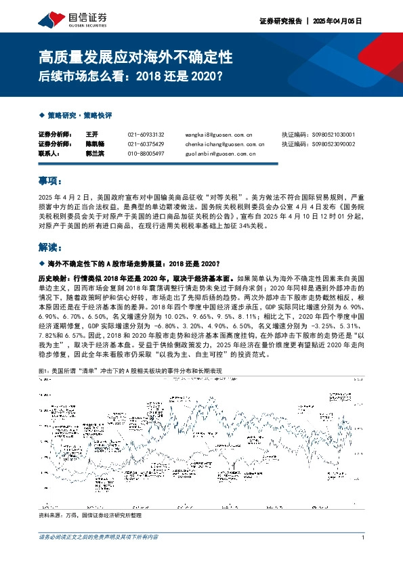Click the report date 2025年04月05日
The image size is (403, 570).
coord(339,21)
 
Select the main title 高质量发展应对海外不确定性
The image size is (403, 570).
coord(136,55)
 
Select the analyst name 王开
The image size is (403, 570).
coord(93,135)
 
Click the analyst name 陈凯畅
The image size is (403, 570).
coord(96,144)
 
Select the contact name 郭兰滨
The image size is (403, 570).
coord(96,154)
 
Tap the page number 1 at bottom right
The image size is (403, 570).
coord(364,538)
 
